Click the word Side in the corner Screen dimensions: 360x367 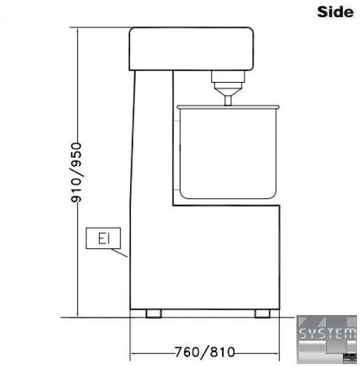click(335, 12)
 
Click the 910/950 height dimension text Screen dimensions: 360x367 click(76, 172)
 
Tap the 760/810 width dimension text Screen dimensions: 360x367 click(205, 352)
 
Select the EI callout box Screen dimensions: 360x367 click(103, 238)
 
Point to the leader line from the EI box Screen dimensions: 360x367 click(119, 253)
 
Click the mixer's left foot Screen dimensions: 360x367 click(153, 314)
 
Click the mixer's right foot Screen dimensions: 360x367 click(262, 314)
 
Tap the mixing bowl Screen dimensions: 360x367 click(228, 152)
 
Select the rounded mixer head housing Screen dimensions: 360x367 click(191, 49)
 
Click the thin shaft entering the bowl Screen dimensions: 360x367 click(228, 101)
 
